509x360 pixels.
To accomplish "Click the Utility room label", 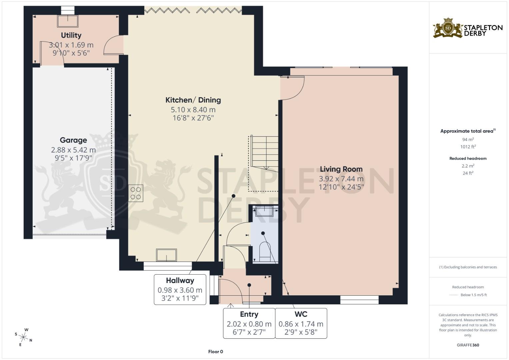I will (71, 35).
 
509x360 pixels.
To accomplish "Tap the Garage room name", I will (73, 140).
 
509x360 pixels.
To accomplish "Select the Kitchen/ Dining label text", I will (193, 100).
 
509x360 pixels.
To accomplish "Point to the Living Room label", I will (341, 169).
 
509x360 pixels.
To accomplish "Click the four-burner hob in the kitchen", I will (136, 193).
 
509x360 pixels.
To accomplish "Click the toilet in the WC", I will (265, 252).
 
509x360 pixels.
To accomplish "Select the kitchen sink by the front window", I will (167, 255).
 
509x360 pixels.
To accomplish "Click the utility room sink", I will (68, 21).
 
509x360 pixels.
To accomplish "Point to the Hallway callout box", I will (180, 289).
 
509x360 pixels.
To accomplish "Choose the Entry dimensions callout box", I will (249, 323).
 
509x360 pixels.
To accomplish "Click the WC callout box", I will (301, 323).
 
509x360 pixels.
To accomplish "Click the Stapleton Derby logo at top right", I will (468, 28).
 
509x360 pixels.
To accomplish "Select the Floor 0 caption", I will (215, 352).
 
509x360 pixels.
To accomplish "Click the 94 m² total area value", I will (468, 140).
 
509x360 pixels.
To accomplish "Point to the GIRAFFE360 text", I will (468, 345).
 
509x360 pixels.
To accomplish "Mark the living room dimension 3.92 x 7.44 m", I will (341, 179).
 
